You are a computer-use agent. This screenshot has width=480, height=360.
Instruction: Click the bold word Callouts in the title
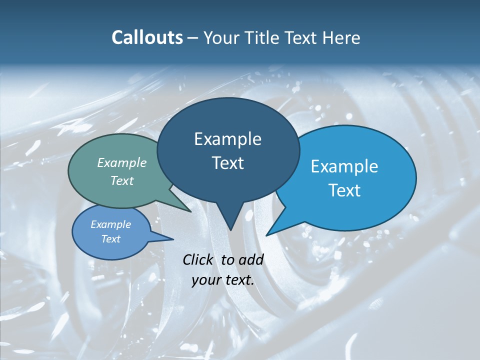[x=147, y=37]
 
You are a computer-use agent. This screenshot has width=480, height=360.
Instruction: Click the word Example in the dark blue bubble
[x=227, y=139]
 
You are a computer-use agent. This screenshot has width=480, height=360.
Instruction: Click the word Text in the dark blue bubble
[x=227, y=163]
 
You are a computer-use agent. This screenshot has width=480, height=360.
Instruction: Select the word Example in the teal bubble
[x=121, y=163]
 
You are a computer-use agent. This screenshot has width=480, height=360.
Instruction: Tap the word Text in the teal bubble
[x=121, y=181]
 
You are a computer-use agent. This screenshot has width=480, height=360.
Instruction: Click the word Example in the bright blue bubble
[x=344, y=166]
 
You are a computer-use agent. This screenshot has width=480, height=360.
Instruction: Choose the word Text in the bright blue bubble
[x=344, y=190]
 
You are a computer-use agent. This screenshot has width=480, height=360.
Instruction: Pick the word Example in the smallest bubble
[x=110, y=224]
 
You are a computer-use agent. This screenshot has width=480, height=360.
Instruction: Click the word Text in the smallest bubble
[x=110, y=239]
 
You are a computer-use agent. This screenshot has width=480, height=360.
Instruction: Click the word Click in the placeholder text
[x=197, y=259]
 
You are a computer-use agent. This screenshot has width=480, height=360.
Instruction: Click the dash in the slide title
[x=193, y=38]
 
